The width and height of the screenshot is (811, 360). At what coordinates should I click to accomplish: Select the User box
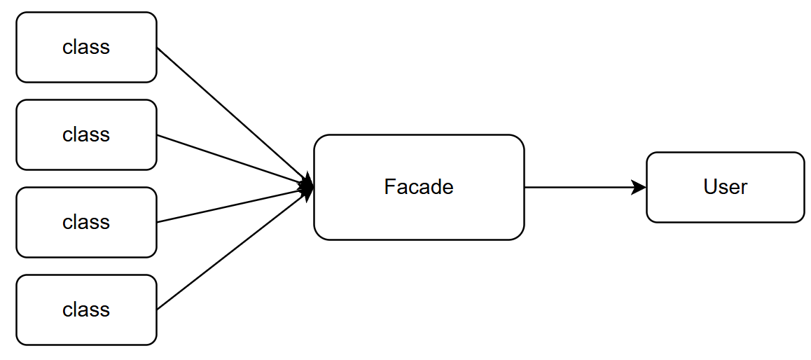tap(725, 207)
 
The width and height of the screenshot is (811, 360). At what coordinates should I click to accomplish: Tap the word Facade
tap(419, 187)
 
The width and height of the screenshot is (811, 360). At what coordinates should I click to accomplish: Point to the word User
tap(725, 187)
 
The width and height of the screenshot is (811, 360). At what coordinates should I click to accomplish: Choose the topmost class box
tap(86, 67)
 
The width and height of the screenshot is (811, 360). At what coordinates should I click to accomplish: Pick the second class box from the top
tap(86, 154)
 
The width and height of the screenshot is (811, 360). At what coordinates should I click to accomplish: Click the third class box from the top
tap(86, 242)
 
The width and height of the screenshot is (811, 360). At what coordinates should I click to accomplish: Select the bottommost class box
tap(86, 329)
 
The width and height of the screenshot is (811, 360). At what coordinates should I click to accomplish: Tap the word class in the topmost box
tap(86, 47)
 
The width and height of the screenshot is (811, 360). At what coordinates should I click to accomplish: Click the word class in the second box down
tap(86, 134)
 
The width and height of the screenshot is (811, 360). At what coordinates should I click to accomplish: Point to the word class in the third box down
tap(86, 222)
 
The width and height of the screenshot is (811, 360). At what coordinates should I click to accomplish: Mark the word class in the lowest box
tap(86, 310)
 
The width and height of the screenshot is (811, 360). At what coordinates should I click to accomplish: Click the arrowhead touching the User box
tap(639, 187)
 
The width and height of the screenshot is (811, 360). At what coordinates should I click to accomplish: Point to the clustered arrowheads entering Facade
tap(307, 186)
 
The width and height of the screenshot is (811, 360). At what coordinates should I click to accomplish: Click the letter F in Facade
tap(389, 187)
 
